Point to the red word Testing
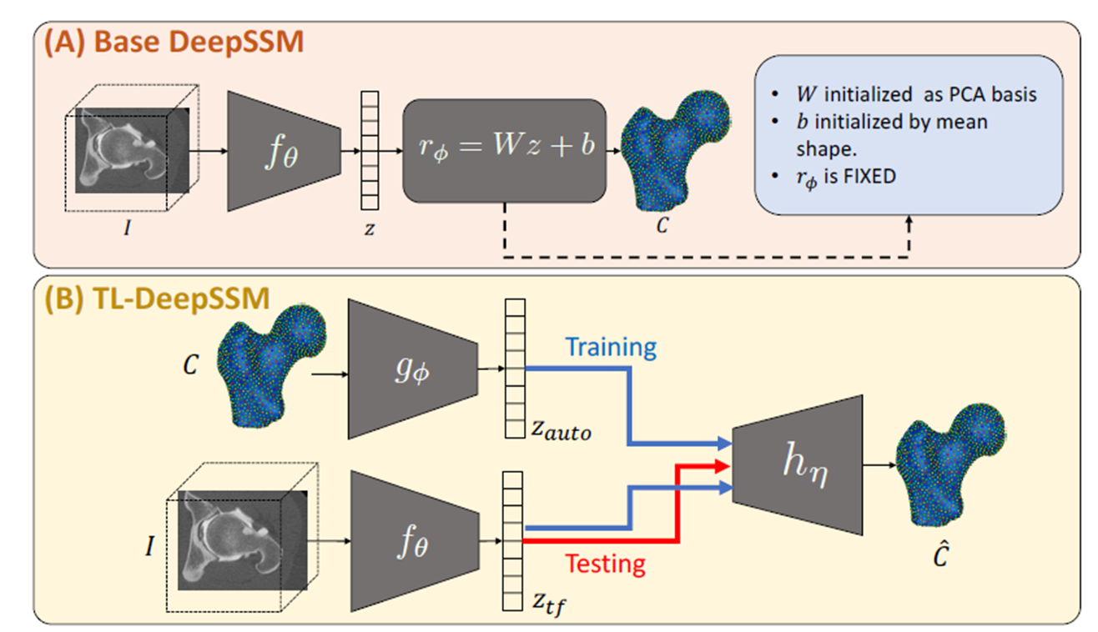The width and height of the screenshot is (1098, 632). [605, 564]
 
